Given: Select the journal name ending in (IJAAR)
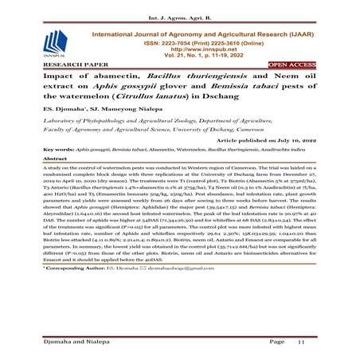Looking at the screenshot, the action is (199, 25).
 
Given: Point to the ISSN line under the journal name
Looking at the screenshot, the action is (201, 34).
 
